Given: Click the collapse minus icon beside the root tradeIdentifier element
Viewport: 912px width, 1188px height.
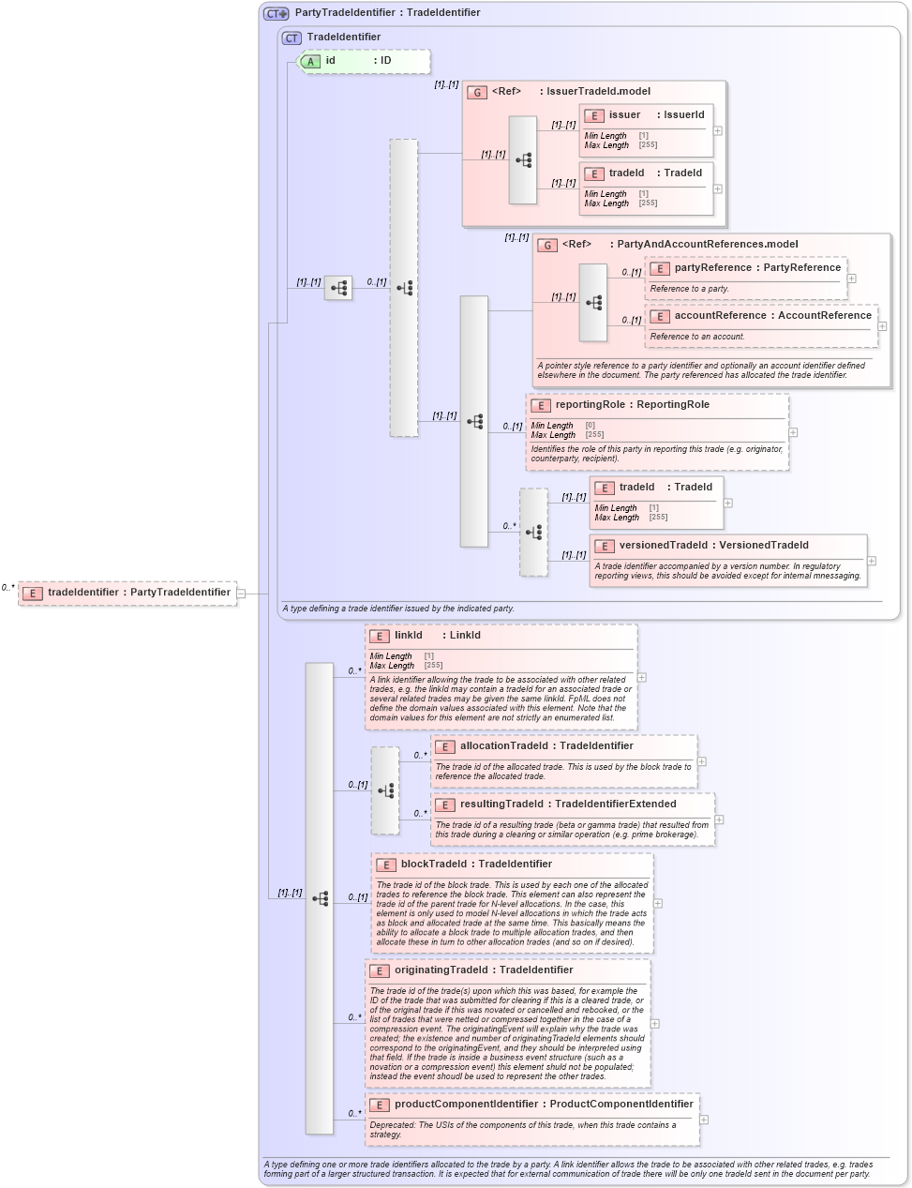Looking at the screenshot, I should click(x=241, y=593).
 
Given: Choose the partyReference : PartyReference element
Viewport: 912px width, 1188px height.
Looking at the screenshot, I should click(x=756, y=268).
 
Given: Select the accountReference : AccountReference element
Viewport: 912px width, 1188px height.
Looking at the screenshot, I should click(x=771, y=316).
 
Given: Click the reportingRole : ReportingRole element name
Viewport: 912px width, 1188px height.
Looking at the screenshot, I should click(x=631, y=405).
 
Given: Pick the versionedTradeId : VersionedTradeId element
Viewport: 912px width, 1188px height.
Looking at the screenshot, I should click(x=712, y=546).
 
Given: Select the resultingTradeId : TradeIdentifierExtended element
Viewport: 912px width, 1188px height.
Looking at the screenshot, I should click(x=567, y=805).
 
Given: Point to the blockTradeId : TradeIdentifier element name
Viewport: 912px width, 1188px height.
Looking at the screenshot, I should click(x=475, y=865).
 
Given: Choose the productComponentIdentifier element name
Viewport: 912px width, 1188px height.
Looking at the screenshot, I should click(x=543, y=1105).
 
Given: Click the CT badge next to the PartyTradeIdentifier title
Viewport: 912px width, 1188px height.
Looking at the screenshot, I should click(x=277, y=13).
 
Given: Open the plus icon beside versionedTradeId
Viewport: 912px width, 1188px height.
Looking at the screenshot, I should click(x=872, y=561).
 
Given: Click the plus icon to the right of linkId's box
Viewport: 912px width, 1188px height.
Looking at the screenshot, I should click(x=642, y=677).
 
